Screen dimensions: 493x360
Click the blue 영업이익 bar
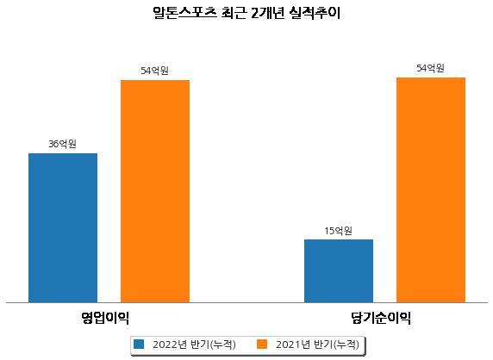63,228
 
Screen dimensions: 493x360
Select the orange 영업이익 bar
155,191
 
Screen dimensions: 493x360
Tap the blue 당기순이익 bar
339,271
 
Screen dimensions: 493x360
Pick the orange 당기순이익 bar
431,190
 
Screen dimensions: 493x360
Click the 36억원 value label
62,144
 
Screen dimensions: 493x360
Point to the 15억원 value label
339,231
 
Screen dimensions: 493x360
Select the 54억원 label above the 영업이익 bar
154,71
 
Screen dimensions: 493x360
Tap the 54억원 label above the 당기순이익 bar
430,68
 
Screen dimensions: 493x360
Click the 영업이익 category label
105,318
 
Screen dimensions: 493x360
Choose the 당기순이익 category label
381,318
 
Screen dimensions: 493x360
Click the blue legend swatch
139,344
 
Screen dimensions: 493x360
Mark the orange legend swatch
262,344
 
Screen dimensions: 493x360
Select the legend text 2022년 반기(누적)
194,344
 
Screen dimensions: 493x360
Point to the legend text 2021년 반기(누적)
317,344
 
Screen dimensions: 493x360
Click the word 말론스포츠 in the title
184,13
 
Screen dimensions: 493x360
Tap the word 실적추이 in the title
315,13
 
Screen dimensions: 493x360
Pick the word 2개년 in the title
268,13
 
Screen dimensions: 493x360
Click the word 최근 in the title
234,13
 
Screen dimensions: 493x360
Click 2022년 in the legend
169,344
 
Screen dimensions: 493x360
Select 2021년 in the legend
292,344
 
